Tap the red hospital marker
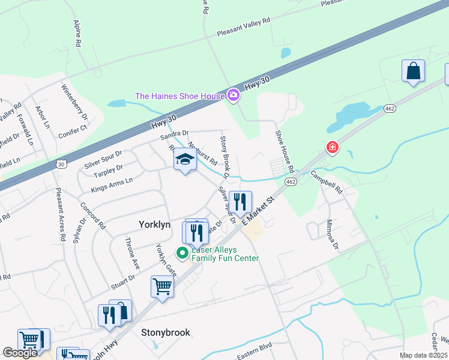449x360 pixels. [x=331, y=147]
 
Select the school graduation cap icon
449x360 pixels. [x=185, y=160]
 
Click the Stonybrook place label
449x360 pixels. [x=166, y=332]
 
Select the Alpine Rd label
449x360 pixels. [x=77, y=33]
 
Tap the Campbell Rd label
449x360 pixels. [x=326, y=182]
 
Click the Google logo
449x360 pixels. [x=20, y=353]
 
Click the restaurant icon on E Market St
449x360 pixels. [x=240, y=201]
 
